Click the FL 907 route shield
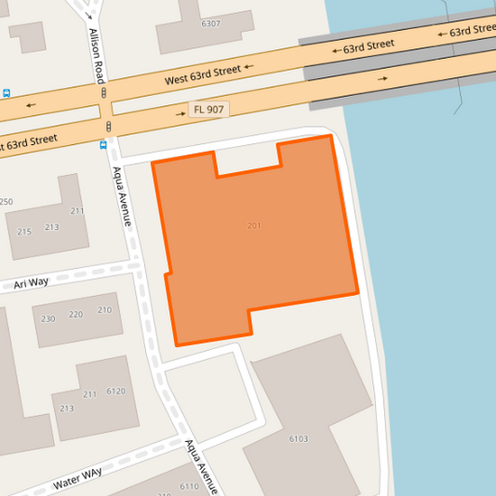[209, 110]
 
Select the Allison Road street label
[96, 55]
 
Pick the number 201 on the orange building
[254, 226]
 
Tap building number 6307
[210, 23]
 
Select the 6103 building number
[299, 438]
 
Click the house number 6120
[116, 391]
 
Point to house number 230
[48, 319]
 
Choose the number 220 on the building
[76, 315]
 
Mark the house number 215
[24, 232]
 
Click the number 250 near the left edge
[6, 202]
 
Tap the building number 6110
[189, 487]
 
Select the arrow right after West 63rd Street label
[248, 68]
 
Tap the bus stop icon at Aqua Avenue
[102, 144]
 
